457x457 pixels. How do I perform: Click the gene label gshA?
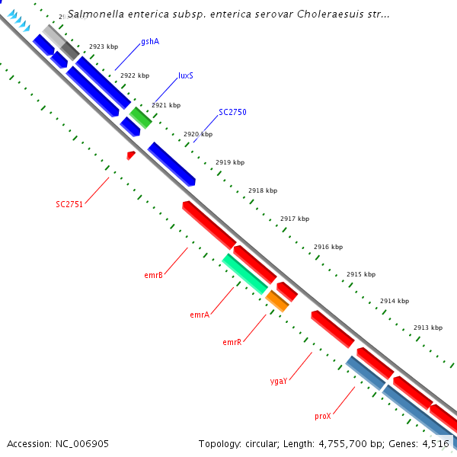point(150,41)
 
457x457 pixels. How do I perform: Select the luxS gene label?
point(185,75)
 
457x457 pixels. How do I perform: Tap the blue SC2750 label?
point(232,112)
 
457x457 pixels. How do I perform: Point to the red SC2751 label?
point(69,204)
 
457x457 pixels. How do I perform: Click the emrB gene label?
point(153,275)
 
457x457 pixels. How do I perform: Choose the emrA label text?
point(200,315)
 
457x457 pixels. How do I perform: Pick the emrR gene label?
point(232,342)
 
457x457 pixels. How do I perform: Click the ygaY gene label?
point(279,380)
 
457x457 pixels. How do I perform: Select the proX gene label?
point(323,416)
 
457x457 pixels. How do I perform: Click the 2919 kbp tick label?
point(230,162)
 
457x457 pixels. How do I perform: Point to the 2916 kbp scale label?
point(328,247)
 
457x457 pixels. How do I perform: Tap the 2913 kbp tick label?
point(428,328)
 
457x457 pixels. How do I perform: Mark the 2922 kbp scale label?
point(135,75)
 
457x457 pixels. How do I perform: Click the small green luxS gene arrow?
point(140,117)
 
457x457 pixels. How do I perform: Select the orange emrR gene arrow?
point(277,301)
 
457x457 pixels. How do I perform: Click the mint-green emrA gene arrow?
point(244,274)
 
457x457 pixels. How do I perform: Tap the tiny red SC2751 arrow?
point(131,155)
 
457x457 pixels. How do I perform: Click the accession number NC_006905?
point(81,443)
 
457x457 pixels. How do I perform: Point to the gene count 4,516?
point(434,443)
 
